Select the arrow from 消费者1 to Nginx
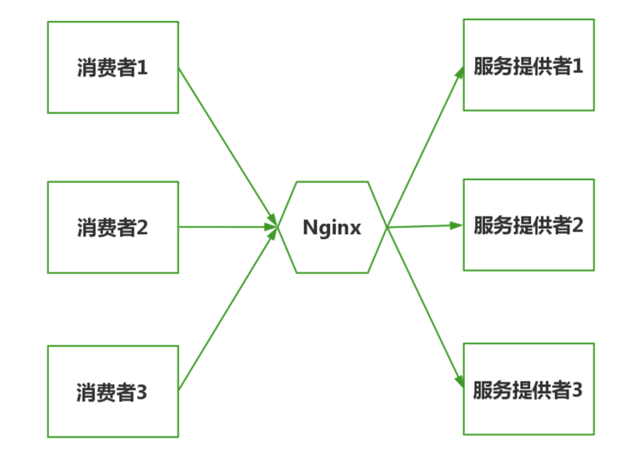(226, 144)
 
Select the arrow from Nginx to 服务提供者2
(421, 226)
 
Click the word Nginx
(332, 228)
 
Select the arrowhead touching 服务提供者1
(459, 72)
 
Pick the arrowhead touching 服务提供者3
(458, 382)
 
